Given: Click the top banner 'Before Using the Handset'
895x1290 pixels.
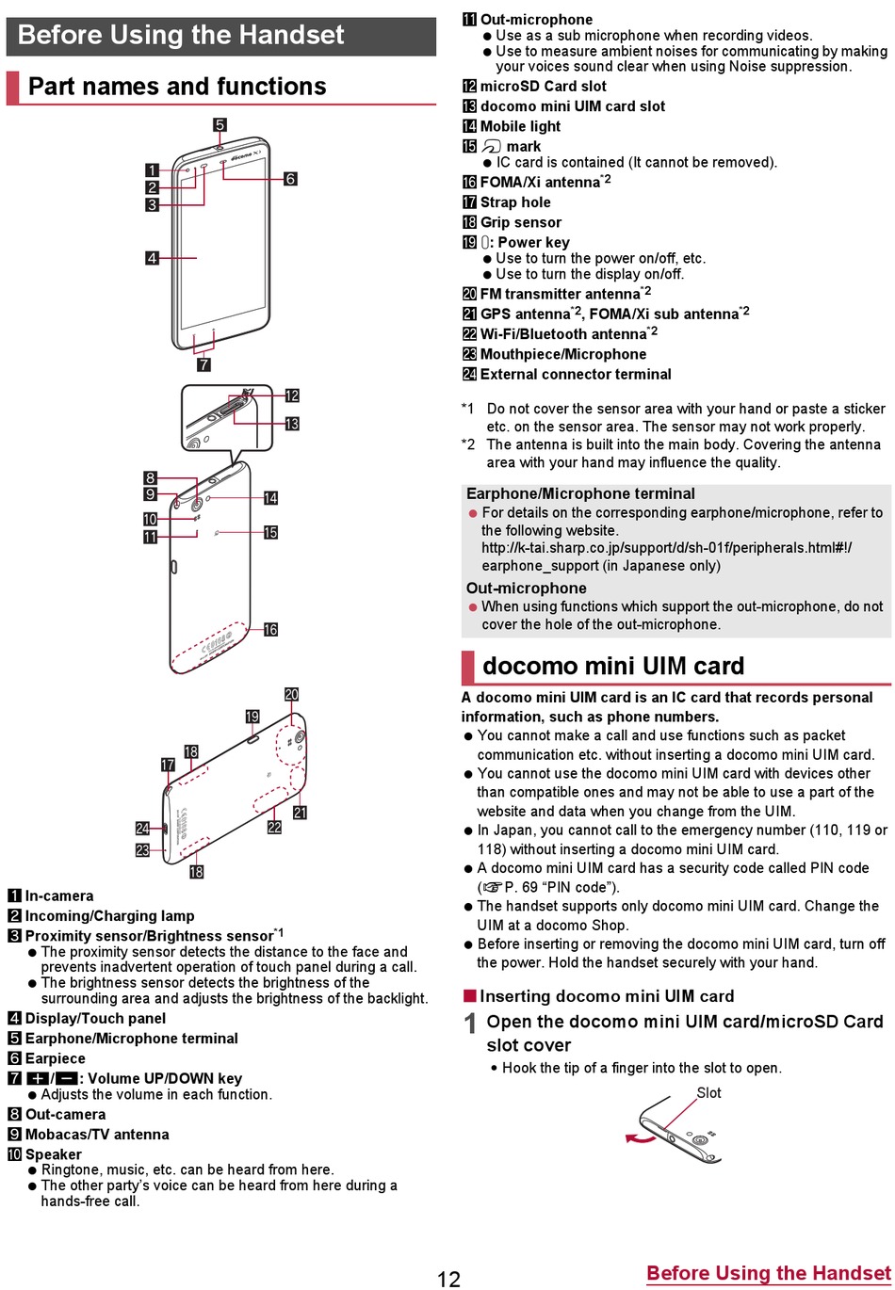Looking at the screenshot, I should [x=181, y=36].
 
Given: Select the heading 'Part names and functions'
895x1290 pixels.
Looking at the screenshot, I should [x=177, y=87].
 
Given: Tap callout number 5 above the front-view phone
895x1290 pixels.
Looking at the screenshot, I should [x=220, y=124].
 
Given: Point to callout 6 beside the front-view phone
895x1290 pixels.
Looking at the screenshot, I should [x=290, y=179].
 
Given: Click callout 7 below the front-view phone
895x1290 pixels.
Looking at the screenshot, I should [x=203, y=365].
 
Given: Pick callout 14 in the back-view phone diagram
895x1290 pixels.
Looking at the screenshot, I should [x=270, y=498].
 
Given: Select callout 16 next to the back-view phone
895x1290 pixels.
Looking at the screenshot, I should [x=270, y=629].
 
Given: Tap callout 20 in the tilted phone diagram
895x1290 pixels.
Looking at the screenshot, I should [x=291, y=695].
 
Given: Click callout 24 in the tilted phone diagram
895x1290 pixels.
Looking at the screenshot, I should [x=142, y=829].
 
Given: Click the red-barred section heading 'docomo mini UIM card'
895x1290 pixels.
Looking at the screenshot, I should [x=613, y=667].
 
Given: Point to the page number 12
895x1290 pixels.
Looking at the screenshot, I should [x=448, y=1278].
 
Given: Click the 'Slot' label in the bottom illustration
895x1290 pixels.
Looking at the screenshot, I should [x=708, y=1093].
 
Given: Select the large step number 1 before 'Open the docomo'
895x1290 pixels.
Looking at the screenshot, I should [x=470, y=1024].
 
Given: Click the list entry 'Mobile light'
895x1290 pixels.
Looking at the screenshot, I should [x=520, y=126].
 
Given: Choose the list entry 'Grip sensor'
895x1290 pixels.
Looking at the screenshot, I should [x=520, y=222].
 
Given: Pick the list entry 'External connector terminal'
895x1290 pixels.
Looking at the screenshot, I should [x=575, y=374].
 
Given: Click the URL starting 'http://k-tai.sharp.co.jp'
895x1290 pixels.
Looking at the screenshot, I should [x=666, y=548].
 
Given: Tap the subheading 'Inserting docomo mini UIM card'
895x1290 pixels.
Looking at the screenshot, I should [x=606, y=996].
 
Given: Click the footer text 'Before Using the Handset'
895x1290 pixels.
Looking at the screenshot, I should [x=768, y=1274].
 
